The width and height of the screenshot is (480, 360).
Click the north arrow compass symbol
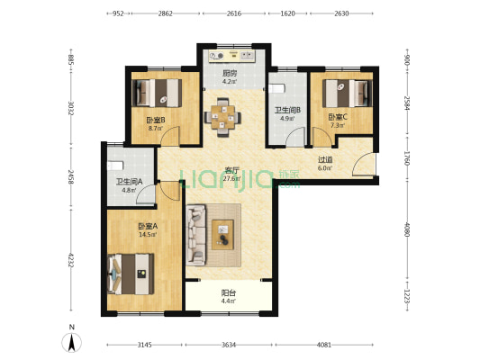point(72,343)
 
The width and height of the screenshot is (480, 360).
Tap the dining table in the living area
point(222,118)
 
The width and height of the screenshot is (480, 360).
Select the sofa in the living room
point(196,235)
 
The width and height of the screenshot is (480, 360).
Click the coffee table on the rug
point(222,235)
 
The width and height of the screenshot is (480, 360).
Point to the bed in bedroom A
point(131,274)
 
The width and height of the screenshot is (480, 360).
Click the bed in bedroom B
point(157,93)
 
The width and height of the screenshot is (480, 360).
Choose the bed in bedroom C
point(348,94)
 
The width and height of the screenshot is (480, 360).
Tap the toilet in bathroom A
point(115,166)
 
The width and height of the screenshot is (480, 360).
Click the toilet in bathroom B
point(276,88)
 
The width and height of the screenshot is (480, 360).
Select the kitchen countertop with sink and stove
point(232,56)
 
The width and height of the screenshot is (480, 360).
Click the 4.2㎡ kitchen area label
point(230,82)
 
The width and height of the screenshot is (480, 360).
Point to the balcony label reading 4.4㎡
point(229,301)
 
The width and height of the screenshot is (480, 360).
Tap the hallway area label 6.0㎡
point(325,168)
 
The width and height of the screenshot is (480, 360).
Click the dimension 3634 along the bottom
point(229,345)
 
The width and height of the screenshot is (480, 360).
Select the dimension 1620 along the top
point(288,13)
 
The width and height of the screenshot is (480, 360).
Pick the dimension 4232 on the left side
point(71,260)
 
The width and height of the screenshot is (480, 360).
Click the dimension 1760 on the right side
point(406,157)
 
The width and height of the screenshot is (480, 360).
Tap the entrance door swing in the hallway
point(363,164)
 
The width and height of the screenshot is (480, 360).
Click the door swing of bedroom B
point(170,135)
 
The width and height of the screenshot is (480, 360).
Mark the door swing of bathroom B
point(295,137)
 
